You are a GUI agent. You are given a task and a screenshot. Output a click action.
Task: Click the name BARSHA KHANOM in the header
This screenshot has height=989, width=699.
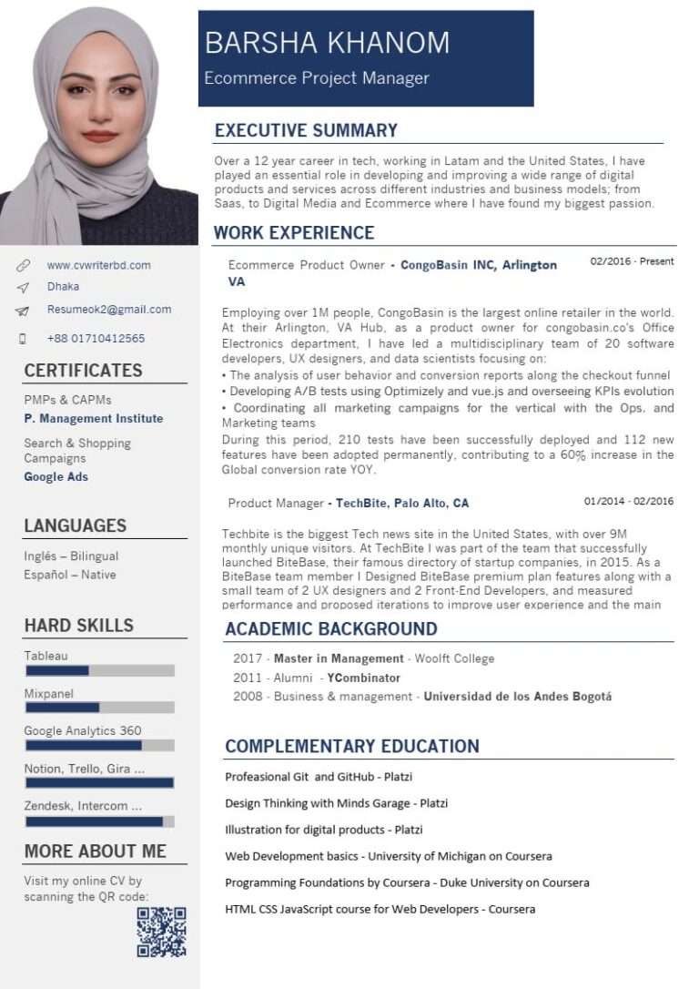[x=327, y=43]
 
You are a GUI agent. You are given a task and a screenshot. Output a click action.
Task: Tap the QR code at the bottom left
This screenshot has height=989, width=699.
[x=161, y=932]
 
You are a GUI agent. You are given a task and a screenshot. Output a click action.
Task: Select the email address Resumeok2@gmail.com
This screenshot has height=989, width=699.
[x=109, y=310]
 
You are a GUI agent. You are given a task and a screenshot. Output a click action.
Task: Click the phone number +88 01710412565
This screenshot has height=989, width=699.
[x=96, y=339]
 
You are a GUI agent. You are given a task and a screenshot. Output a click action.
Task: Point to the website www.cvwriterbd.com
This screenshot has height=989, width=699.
[x=99, y=266]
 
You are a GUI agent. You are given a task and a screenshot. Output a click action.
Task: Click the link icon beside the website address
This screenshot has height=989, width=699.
[x=23, y=266]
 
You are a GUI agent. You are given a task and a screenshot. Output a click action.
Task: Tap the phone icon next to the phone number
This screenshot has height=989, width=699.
[x=23, y=339]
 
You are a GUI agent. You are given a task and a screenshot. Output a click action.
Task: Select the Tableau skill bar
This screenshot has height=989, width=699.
[x=99, y=670]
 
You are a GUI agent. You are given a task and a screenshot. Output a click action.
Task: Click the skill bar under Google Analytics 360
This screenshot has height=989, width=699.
[x=99, y=745]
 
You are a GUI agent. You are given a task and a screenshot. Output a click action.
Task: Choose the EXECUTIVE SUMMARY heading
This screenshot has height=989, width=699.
[x=306, y=130]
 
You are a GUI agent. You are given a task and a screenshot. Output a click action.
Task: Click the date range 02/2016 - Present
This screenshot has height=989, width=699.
[x=632, y=261]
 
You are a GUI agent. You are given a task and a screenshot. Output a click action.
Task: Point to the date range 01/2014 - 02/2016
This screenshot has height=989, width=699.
[x=629, y=501]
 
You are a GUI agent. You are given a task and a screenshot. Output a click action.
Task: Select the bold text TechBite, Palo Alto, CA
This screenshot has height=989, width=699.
[x=402, y=503]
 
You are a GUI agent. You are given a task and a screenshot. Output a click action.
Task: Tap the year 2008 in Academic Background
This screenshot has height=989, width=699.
[x=247, y=697]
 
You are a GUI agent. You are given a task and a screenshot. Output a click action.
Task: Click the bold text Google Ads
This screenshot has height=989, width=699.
[x=56, y=477]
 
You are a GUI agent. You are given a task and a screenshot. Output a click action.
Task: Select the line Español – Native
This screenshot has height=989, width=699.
[x=70, y=575]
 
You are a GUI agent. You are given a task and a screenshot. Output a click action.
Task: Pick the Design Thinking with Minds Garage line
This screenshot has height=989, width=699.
[x=336, y=803]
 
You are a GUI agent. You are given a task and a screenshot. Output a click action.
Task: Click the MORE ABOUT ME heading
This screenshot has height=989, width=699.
[x=96, y=851]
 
